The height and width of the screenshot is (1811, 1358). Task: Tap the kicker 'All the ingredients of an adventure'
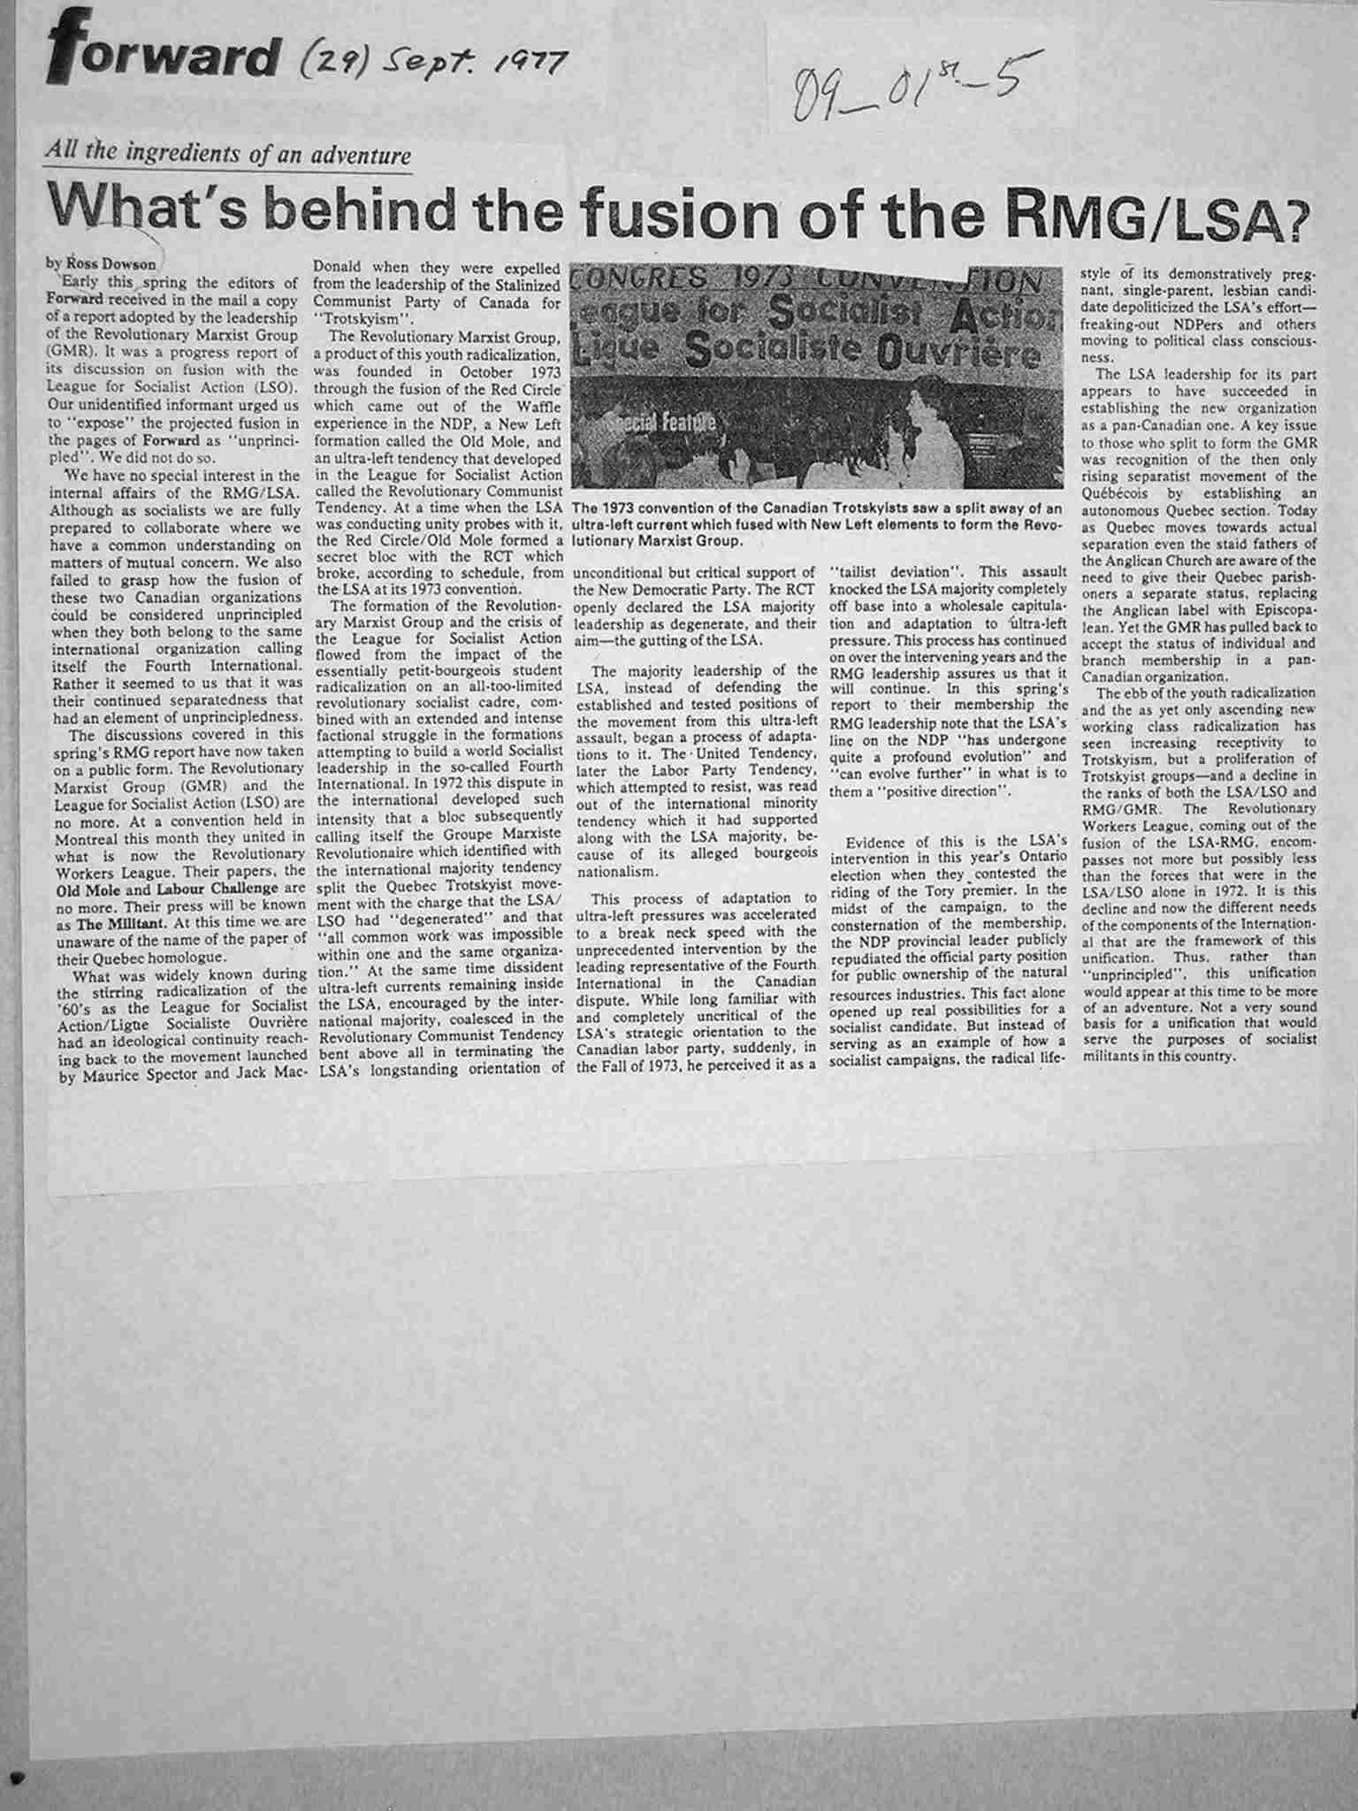(x=229, y=157)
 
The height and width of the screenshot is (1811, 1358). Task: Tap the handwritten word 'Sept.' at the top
(x=415, y=64)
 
